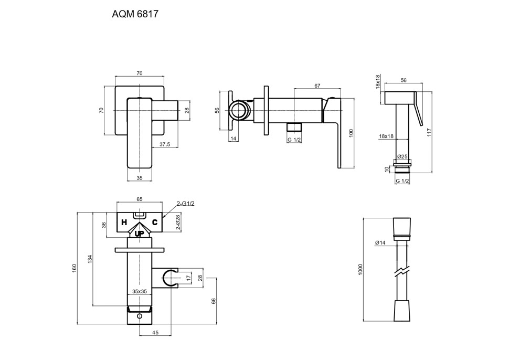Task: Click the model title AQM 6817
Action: (x=135, y=15)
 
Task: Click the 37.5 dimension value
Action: (x=165, y=144)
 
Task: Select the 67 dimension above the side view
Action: (x=317, y=86)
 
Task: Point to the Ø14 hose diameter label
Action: (x=380, y=242)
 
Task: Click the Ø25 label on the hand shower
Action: (x=402, y=156)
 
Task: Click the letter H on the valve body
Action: (x=124, y=223)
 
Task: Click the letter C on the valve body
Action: (x=155, y=223)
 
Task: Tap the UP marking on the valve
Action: (x=139, y=234)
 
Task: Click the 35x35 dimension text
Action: (x=139, y=291)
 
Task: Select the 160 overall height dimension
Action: (x=75, y=268)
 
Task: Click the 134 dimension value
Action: (x=90, y=259)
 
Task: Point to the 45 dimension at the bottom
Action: (x=155, y=332)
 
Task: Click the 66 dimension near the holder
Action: (x=213, y=301)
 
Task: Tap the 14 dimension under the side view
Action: (x=234, y=139)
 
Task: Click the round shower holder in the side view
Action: (x=239, y=111)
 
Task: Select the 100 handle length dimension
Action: (x=351, y=133)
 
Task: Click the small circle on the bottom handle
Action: (x=140, y=316)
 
